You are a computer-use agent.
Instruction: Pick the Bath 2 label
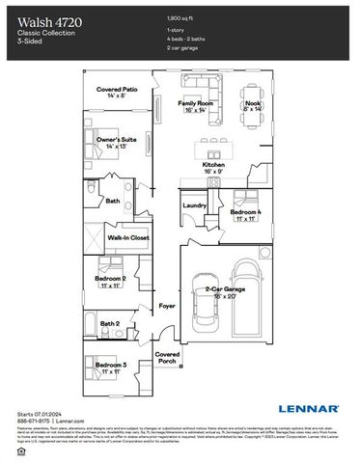click(111, 323)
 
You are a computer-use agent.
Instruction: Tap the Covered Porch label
click(168, 357)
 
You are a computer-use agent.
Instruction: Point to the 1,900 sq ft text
click(182, 18)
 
